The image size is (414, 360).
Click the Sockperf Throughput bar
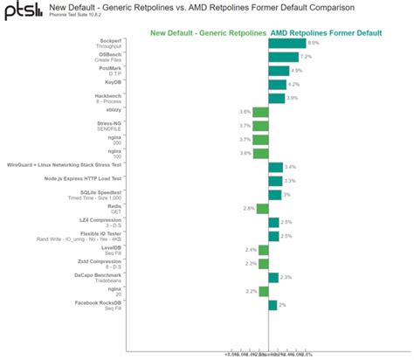pyautogui.click(x=287, y=43)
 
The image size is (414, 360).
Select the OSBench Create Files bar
pyautogui.click(x=284, y=57)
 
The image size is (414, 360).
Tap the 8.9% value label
pyautogui.click(x=314, y=43)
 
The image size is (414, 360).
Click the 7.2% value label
pyautogui.click(x=306, y=57)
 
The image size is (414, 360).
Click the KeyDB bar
pyautogui.click(x=278, y=84)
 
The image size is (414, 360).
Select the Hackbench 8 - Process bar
pyautogui.click(x=277, y=98)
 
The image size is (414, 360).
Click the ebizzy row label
pyautogui.click(x=114, y=109)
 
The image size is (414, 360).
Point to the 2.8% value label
pyautogui.click(x=249, y=208)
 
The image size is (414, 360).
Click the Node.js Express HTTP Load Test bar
pyautogui.click(x=275, y=180)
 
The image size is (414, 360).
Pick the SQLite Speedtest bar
pyautogui.click(x=274, y=194)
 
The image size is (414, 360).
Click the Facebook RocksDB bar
pyautogui.click(x=273, y=304)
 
